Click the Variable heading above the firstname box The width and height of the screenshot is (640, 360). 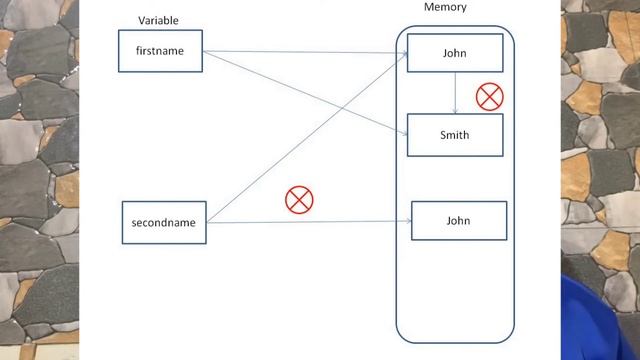click(158, 20)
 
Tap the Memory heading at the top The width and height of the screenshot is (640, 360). click(445, 7)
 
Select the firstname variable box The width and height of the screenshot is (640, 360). click(160, 51)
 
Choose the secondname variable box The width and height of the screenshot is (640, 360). click(164, 222)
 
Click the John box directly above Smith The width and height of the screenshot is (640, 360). click(455, 53)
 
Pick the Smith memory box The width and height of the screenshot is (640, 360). click(455, 135)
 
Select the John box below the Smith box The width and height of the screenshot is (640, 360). click(458, 220)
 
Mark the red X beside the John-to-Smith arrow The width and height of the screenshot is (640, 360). click(489, 97)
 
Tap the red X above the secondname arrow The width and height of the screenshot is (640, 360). click(299, 200)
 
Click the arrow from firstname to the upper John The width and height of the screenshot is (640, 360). click(300, 52)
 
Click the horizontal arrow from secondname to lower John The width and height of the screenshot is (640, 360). click(310, 222)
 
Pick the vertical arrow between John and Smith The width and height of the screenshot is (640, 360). click(456, 92)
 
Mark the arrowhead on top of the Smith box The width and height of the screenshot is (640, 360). click(456, 111)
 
